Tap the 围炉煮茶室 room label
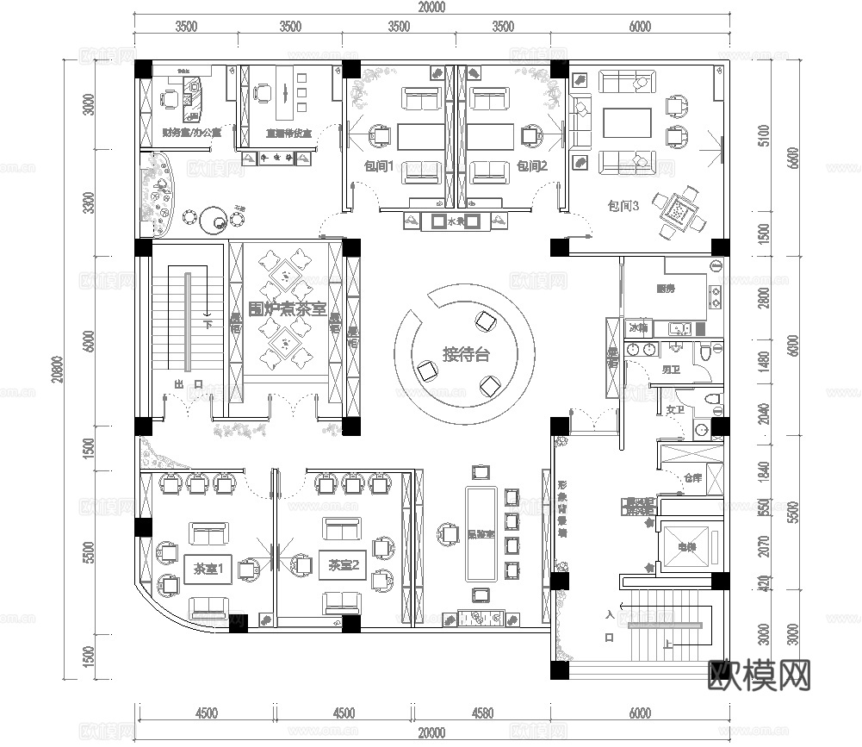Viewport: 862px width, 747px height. point(287,308)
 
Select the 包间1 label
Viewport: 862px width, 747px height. point(378,165)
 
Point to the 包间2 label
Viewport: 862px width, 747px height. point(532,165)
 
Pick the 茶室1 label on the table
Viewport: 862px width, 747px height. point(208,569)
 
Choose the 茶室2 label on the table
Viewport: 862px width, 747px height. point(343,565)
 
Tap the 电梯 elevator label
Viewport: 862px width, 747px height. point(685,545)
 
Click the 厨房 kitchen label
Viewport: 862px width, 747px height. point(665,289)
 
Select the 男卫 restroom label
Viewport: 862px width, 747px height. point(671,370)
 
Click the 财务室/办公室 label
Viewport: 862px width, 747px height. point(191,134)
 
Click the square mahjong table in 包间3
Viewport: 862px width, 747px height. point(679,209)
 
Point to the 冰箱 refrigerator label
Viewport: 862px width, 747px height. point(638,328)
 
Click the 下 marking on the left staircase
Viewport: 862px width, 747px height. point(208,325)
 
